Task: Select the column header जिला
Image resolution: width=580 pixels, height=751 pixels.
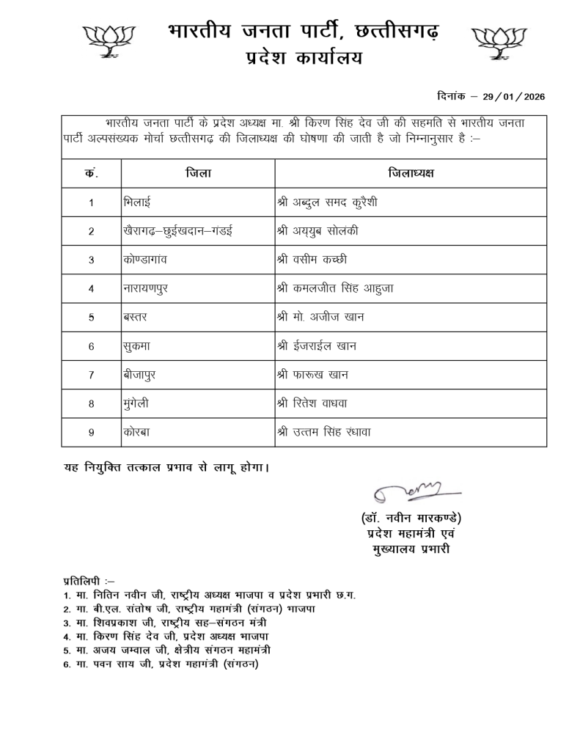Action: [x=198, y=173]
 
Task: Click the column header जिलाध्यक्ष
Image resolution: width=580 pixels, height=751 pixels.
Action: [x=411, y=173]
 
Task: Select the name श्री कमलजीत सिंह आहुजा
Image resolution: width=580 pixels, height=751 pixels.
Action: [x=337, y=288]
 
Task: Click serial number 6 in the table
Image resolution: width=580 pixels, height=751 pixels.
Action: [x=92, y=346]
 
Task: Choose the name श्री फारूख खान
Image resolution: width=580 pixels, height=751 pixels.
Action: [x=313, y=375]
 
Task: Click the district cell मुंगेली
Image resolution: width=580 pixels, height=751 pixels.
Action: [x=139, y=403]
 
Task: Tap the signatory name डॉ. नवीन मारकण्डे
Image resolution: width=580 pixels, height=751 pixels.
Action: [x=411, y=519]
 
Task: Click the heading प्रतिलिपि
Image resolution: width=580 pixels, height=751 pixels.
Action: [x=88, y=580]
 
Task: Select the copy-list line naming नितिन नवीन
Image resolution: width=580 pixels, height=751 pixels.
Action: [x=210, y=595]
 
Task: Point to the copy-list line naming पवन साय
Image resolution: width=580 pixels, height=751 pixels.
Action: [x=162, y=664]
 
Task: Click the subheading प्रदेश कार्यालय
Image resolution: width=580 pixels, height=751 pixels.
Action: [x=303, y=59]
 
